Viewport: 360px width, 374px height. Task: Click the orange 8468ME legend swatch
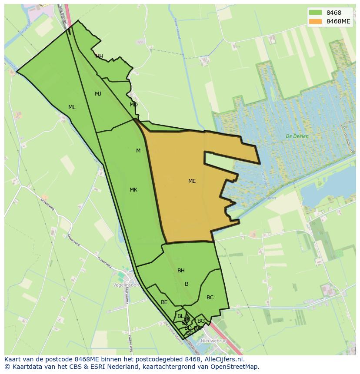tap(316, 21)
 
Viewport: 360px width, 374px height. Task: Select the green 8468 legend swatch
tap(316, 13)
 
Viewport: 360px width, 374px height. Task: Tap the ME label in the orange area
tap(192, 181)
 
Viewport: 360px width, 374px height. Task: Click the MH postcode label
tap(99, 56)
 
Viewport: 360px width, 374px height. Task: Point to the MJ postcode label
tap(98, 94)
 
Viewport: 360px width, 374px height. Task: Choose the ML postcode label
tap(72, 107)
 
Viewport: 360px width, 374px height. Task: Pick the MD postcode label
tap(133, 105)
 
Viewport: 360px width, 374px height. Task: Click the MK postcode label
tap(133, 190)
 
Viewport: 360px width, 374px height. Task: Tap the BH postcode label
tap(181, 271)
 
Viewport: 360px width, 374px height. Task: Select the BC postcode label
tap(210, 298)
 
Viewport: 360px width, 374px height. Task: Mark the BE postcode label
tap(164, 302)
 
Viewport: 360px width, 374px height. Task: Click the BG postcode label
tap(201, 321)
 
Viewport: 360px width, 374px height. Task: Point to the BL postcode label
tap(180, 316)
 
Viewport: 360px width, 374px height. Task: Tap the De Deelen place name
tap(297, 136)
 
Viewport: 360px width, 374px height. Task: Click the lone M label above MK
tap(138, 151)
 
